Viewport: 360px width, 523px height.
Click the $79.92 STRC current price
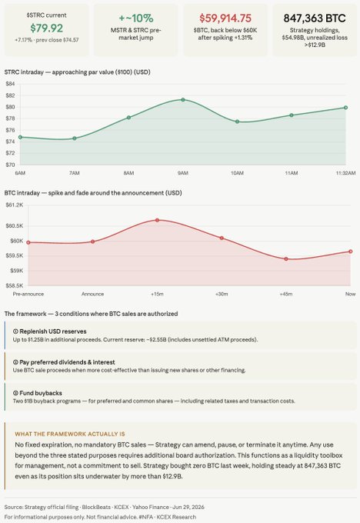[46, 28]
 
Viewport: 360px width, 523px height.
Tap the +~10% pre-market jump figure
[136, 18]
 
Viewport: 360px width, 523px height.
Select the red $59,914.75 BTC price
[225, 18]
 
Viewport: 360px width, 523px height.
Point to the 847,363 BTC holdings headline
[315, 18]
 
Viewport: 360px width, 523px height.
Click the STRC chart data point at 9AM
[183, 100]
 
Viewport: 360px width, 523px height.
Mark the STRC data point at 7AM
[75, 138]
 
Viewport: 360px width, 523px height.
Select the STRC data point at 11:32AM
[345, 108]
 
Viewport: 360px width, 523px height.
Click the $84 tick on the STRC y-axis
[10, 84]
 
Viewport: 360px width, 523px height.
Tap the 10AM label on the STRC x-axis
[237, 173]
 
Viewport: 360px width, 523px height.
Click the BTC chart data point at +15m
[157, 220]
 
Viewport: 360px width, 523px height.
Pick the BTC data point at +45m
[286, 259]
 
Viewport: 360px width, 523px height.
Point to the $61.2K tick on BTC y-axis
[15, 205]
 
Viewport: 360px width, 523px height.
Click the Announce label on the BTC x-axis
[93, 294]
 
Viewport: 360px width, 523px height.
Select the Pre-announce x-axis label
[28, 294]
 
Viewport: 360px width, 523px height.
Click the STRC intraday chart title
[78, 72]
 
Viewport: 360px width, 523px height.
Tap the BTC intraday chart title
[93, 193]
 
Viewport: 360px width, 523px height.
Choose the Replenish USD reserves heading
[50, 331]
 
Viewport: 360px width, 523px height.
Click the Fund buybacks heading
[38, 393]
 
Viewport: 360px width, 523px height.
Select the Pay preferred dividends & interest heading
[64, 362]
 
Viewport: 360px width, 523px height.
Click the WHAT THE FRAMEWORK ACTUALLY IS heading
[70, 434]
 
